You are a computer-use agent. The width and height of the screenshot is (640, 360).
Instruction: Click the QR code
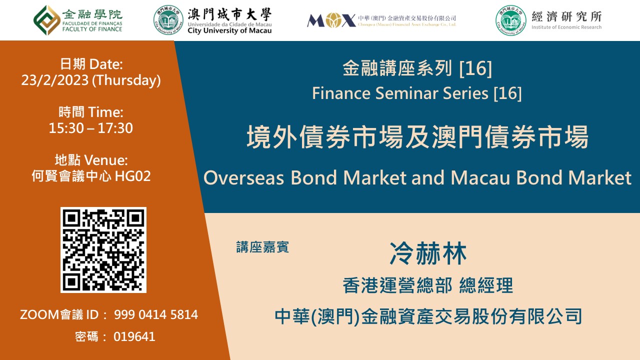(x=103, y=249)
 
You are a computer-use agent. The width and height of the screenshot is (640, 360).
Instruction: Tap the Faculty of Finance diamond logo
(x=46, y=19)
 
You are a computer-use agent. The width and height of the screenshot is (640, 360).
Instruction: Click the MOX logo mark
(x=330, y=20)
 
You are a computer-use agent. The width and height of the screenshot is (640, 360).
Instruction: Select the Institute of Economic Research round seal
(x=510, y=20)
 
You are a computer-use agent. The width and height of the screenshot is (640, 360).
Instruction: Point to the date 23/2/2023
(x=54, y=80)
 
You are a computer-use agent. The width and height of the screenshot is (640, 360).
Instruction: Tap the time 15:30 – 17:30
(x=91, y=128)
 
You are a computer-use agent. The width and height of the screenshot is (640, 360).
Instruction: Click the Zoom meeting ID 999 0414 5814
(x=156, y=315)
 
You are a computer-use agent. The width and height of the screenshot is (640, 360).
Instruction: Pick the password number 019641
(x=134, y=337)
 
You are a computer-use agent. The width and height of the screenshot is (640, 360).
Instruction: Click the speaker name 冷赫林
(x=428, y=253)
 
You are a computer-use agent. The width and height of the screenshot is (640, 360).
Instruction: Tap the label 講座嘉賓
(x=262, y=247)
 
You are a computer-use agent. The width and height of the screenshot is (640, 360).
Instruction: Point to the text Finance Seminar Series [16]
(x=416, y=93)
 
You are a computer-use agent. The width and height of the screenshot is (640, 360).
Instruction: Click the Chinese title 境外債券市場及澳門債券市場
(x=417, y=137)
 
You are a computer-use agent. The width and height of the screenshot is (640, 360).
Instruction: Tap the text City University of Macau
(x=229, y=30)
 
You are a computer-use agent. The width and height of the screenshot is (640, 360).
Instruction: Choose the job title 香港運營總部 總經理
(x=428, y=286)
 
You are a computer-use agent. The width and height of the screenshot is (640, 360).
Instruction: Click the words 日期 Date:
(x=91, y=64)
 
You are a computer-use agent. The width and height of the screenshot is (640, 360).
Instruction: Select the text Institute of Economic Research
(x=566, y=27)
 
